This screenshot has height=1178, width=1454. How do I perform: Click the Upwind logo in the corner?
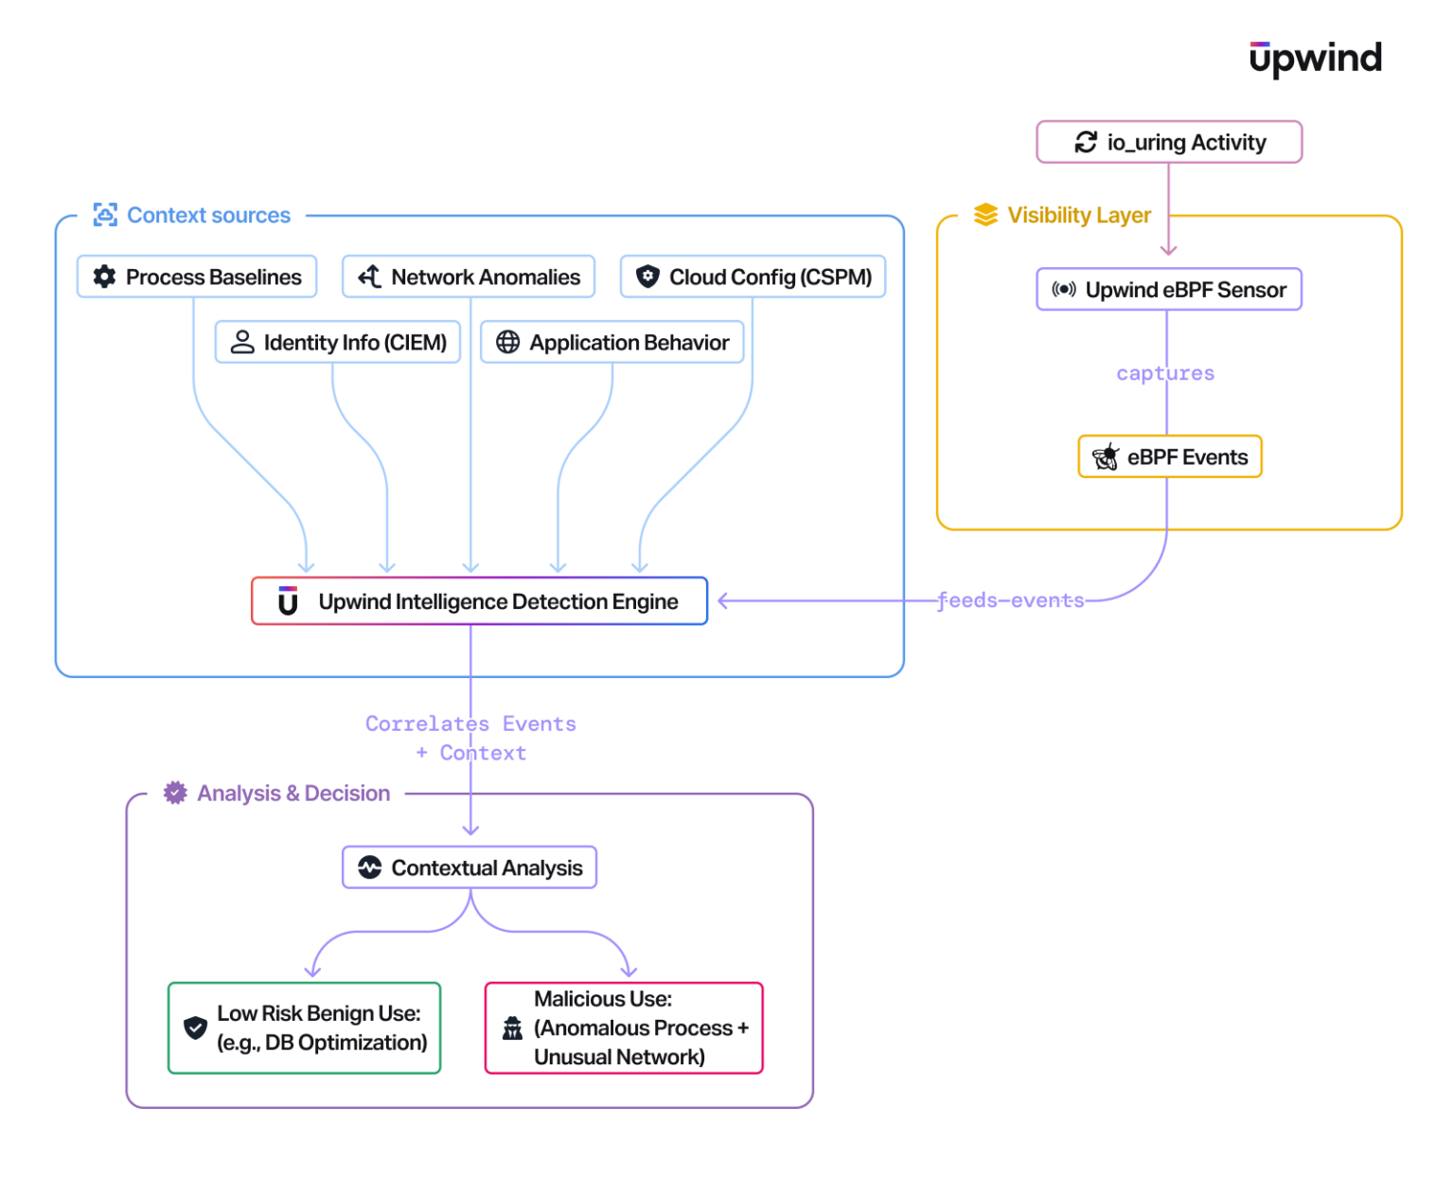pyautogui.click(x=1315, y=59)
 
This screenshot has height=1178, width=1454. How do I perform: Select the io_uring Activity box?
pyautogui.click(x=1169, y=142)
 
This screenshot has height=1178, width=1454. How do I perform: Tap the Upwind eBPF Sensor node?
pyautogui.click(x=1169, y=290)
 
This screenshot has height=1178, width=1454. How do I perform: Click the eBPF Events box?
pyautogui.click(x=1170, y=457)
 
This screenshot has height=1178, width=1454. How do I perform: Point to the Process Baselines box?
pyautogui.click(x=197, y=277)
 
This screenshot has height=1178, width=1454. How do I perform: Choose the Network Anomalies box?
pyautogui.click(x=469, y=277)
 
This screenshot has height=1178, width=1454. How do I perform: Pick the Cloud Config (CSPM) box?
pyautogui.click(x=753, y=277)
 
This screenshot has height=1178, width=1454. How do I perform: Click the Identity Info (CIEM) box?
pyautogui.click(x=338, y=343)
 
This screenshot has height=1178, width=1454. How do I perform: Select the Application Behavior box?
pyautogui.click(x=612, y=343)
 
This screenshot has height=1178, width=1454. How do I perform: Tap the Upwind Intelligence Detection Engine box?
pyautogui.click(x=479, y=601)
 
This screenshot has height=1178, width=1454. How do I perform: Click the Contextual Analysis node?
pyautogui.click(x=470, y=867)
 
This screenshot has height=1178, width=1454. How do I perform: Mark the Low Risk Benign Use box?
pyautogui.click(x=304, y=1028)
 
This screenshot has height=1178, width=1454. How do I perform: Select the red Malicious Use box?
pyautogui.click(x=624, y=1028)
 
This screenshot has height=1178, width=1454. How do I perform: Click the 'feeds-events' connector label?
pyautogui.click(x=1010, y=600)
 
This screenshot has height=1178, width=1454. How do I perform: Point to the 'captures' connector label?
pyautogui.click(x=1164, y=373)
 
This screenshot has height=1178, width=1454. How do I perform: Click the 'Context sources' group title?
pyautogui.click(x=208, y=216)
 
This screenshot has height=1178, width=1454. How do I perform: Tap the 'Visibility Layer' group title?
pyautogui.click(x=1078, y=216)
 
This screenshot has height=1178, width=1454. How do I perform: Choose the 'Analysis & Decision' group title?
pyautogui.click(x=293, y=794)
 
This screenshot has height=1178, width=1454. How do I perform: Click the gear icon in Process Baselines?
pyautogui.click(x=104, y=277)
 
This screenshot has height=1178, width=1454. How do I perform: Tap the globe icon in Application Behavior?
pyautogui.click(x=507, y=343)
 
